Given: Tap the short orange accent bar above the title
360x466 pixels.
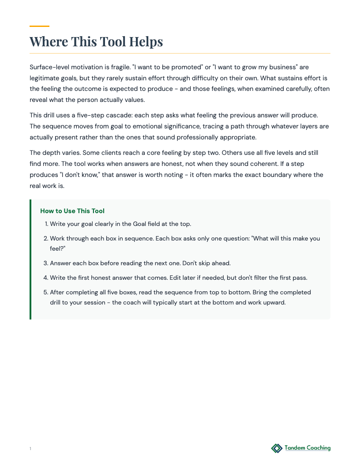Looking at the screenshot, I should (x=39, y=26).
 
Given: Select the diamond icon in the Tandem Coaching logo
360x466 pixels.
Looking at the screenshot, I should (x=277, y=448).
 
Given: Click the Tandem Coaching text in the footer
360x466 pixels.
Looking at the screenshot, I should (x=307, y=448).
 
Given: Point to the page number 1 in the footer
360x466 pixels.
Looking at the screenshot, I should (x=30, y=449).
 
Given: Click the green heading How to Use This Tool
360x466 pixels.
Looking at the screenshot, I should (x=72, y=211).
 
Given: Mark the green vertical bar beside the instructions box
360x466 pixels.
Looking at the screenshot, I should (x=30, y=259).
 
